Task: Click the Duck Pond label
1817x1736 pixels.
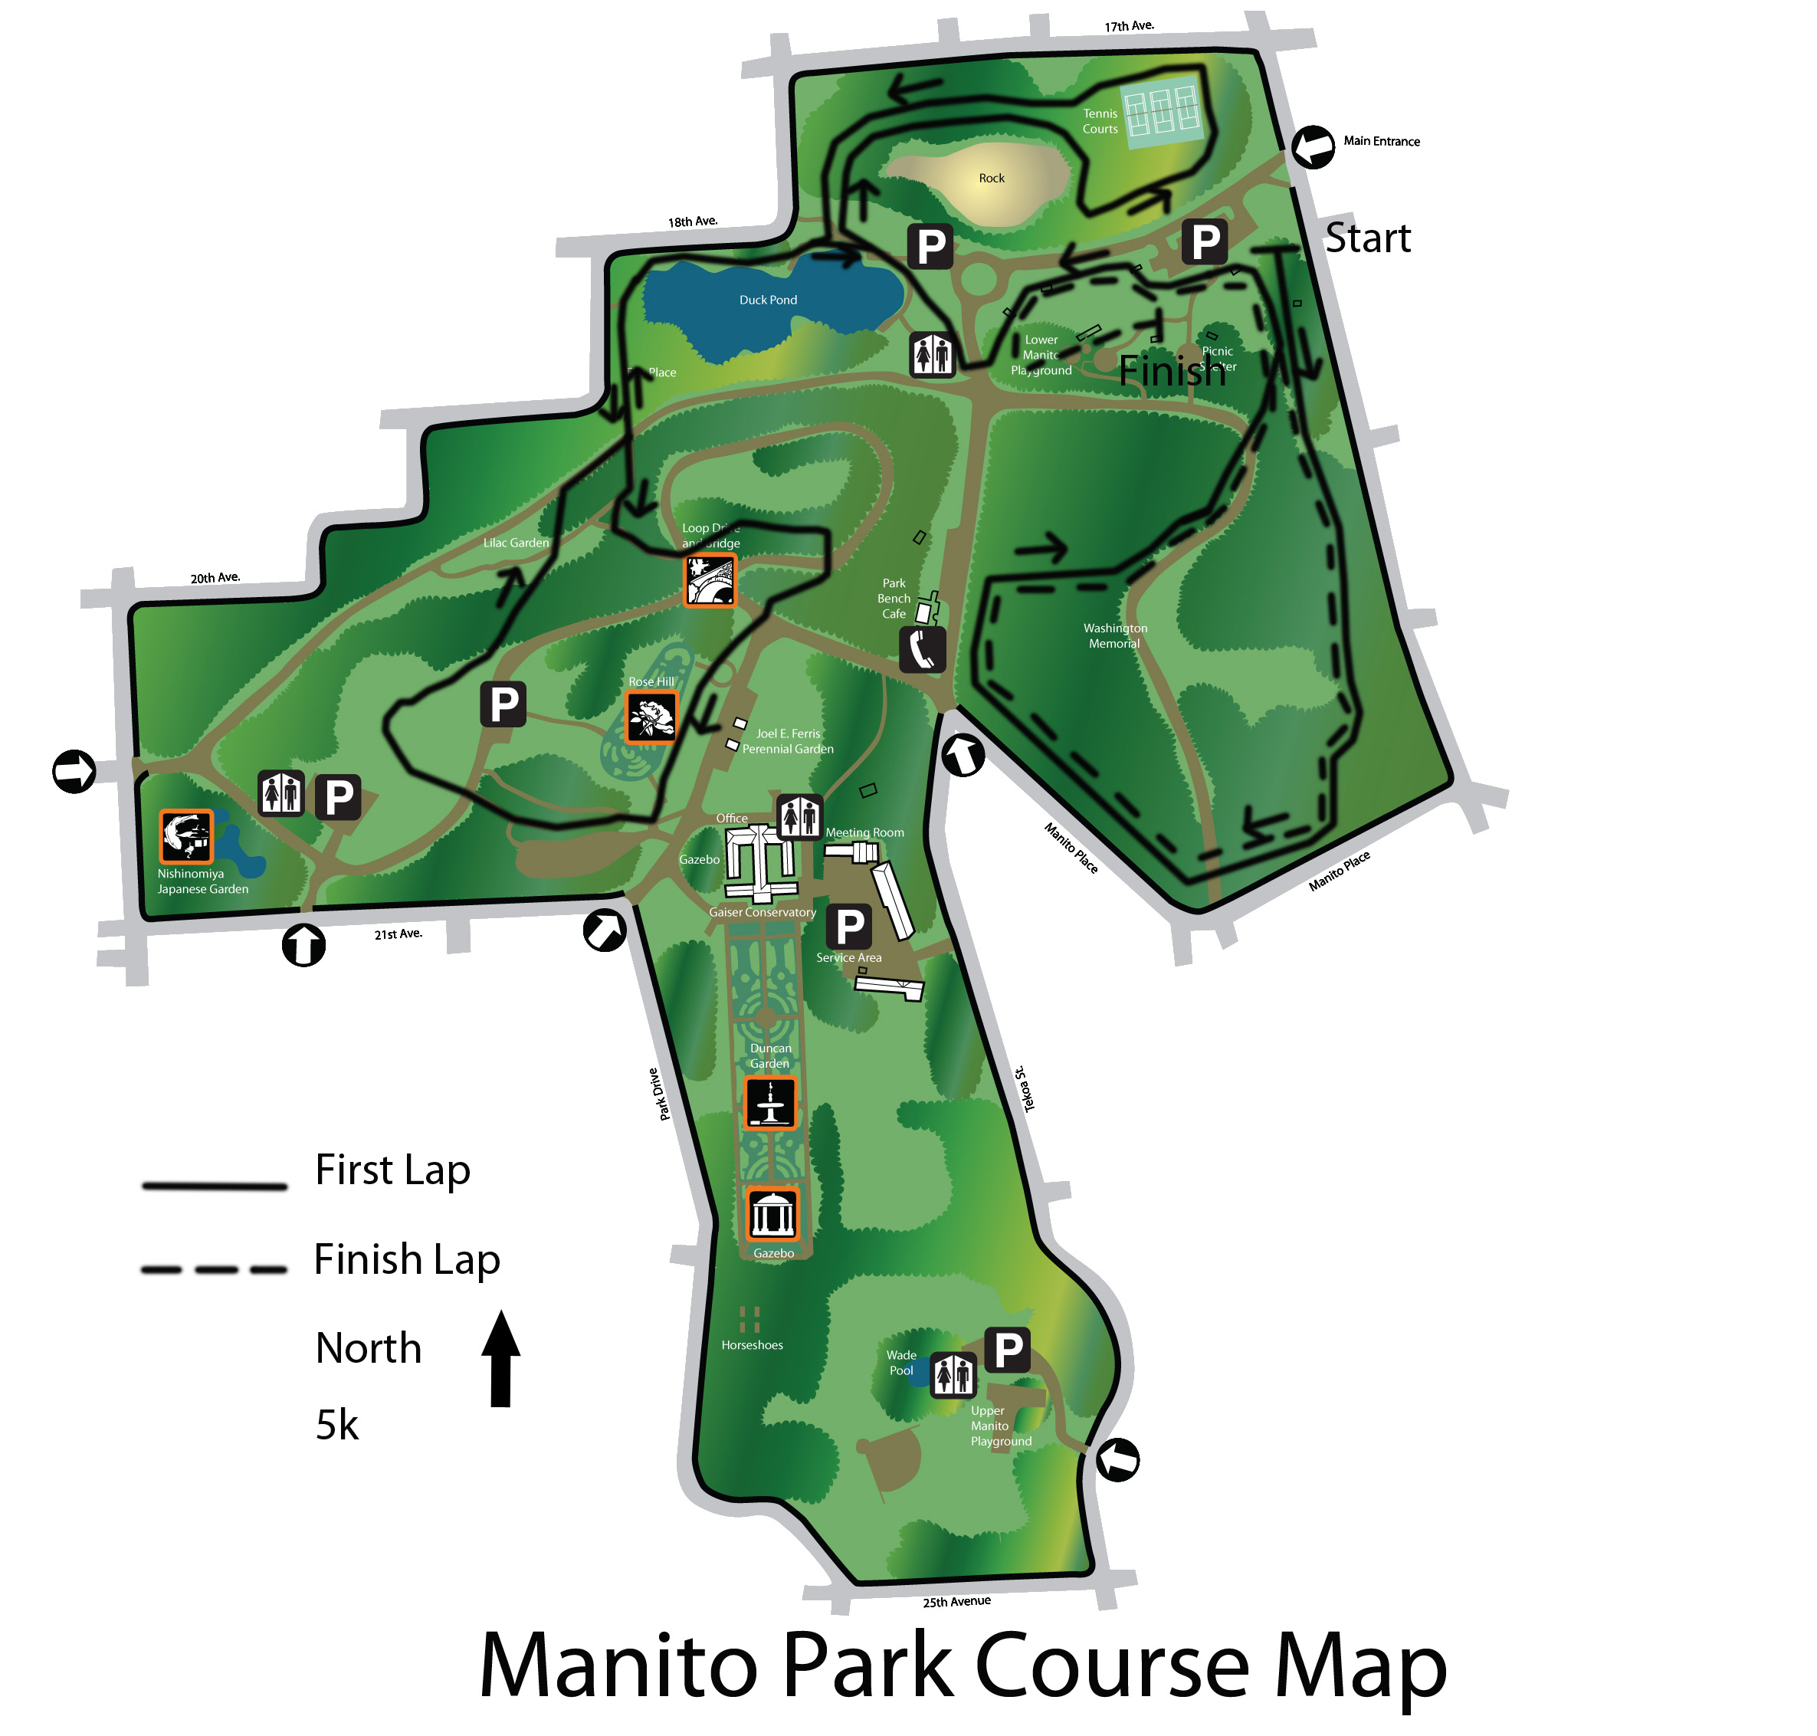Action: (767, 300)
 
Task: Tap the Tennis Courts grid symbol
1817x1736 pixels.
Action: (1161, 111)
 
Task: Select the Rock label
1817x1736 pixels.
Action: (991, 178)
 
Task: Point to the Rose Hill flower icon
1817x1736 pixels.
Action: (651, 717)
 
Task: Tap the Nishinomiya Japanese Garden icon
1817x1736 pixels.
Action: (186, 835)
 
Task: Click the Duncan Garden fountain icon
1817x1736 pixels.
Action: (769, 1103)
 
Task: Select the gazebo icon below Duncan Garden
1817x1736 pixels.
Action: (772, 1215)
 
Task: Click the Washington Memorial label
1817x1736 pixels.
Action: (1115, 635)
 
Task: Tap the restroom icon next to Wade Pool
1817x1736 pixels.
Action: (952, 1375)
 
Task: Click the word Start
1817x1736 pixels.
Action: (1367, 238)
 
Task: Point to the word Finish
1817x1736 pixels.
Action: (1171, 371)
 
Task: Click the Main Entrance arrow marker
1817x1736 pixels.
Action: (1312, 147)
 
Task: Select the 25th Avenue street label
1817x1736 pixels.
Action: (956, 1602)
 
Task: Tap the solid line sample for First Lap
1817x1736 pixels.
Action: (214, 1186)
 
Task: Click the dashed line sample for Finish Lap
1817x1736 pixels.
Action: (214, 1269)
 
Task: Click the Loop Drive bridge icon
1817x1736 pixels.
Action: (710, 580)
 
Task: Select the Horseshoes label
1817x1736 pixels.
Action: (751, 1344)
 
